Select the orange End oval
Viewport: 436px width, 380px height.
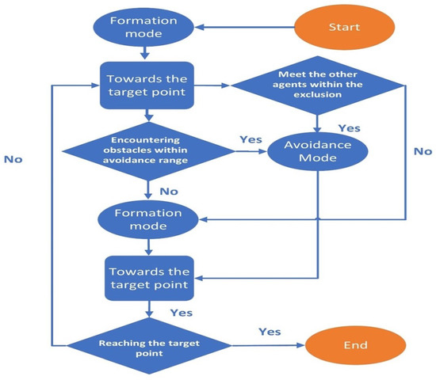(x=344, y=345)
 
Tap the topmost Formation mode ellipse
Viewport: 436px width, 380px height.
(x=143, y=28)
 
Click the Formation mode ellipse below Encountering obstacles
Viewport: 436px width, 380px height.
(x=143, y=219)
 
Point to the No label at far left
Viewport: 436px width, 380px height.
(x=13, y=159)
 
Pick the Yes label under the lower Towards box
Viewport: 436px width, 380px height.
(x=180, y=313)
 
